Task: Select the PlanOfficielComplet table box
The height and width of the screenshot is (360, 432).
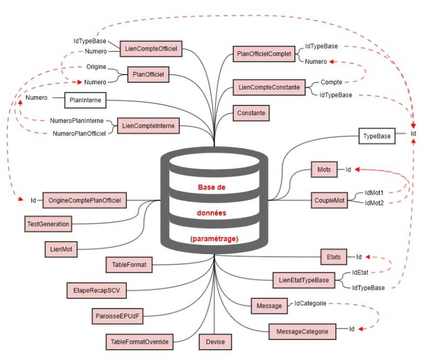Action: pos(264,54)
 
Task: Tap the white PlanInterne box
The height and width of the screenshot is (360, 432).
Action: pos(86,100)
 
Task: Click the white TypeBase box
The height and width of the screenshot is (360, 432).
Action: pos(376,136)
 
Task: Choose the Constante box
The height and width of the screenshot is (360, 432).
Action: pos(251,114)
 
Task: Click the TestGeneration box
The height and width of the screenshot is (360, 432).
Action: pos(48,223)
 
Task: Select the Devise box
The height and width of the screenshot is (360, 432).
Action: pos(215,342)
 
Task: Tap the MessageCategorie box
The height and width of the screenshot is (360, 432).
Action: pos(302,330)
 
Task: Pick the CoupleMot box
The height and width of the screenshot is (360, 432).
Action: pos(329,200)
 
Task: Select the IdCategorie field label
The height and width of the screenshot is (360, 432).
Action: pos(310,304)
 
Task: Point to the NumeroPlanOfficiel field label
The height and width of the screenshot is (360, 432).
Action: pos(79,132)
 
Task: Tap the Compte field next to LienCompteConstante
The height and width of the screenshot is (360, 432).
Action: pos(331,82)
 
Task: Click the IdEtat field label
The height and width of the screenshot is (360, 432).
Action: pos(361,272)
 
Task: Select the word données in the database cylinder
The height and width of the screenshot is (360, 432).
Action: pos(214,213)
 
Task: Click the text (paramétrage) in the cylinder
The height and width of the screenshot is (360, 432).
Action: pos(214,238)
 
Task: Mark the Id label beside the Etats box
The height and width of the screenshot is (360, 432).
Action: pos(359,257)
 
